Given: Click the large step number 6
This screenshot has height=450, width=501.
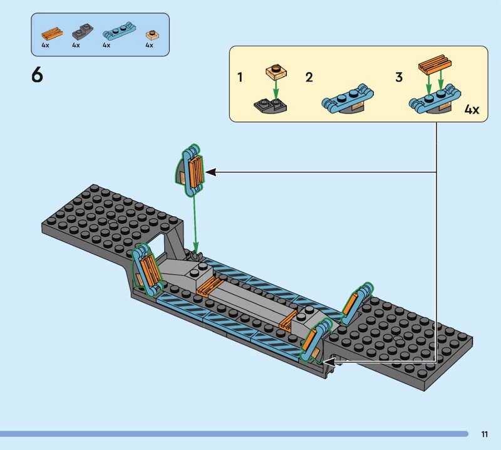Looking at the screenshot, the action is [x=37, y=75].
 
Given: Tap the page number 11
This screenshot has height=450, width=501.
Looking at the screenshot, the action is [x=484, y=434].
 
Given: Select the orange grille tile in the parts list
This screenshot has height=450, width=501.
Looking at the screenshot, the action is [x=52, y=33].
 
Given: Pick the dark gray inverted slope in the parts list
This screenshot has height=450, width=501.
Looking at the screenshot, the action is [x=83, y=31].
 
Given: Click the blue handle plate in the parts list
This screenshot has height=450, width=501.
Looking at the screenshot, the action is [x=119, y=31].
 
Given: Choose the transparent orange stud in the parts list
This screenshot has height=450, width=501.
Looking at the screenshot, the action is [x=153, y=34].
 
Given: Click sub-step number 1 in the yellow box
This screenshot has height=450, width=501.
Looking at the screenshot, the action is [x=240, y=77].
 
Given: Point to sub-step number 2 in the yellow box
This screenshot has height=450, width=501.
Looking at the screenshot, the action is [x=309, y=77].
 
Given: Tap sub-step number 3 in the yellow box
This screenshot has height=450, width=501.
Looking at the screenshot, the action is [x=399, y=77].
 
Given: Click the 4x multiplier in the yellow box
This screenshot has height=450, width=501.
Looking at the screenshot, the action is [x=472, y=110].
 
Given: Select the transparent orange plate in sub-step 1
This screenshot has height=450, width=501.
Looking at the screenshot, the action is [x=276, y=71].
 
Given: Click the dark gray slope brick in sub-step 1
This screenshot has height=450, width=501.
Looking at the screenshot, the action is [x=271, y=106].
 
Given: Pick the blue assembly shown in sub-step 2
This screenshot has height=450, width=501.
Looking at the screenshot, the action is [x=348, y=100].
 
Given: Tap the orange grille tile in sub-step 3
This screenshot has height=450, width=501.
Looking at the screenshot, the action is [x=435, y=65].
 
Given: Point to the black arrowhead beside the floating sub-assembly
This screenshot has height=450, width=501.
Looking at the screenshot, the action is [x=210, y=172].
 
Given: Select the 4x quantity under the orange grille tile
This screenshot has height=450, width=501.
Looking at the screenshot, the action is [x=45, y=45].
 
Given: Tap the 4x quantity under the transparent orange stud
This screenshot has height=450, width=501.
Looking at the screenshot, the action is [x=149, y=45].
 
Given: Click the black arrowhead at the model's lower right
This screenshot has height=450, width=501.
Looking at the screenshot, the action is [x=329, y=362].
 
